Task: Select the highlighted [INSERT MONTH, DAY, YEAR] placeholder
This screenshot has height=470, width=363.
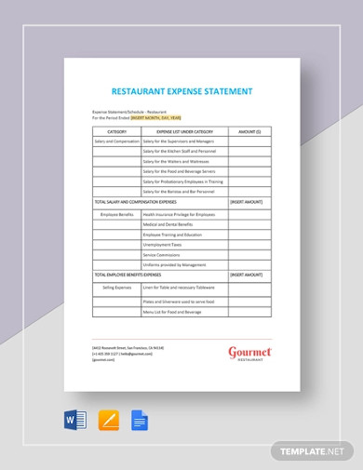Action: pos(156,119)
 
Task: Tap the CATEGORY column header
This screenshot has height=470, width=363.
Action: pos(116,132)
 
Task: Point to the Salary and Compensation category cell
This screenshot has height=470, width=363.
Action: pos(116,142)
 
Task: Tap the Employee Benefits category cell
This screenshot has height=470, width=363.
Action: pos(116,214)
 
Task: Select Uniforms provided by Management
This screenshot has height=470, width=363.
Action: pos(174,265)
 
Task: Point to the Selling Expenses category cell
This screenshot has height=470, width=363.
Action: pos(116,288)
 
